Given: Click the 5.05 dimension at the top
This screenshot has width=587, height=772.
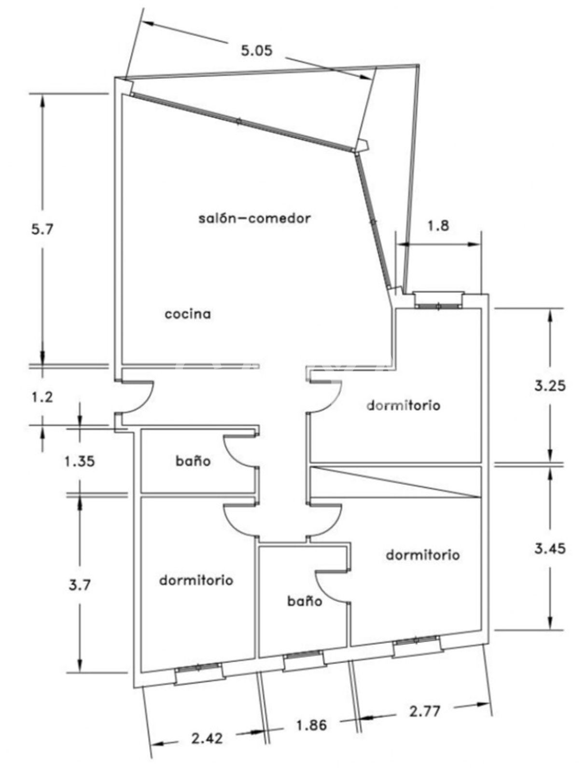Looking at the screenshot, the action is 256,51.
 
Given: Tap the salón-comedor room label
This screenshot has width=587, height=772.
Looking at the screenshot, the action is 254,218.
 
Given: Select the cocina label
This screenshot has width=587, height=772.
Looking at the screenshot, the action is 188,314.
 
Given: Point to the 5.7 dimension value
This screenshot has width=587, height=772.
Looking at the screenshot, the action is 42,229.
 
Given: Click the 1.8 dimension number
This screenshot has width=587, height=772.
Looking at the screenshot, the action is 438,225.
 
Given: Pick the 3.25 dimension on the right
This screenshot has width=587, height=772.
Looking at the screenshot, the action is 550,386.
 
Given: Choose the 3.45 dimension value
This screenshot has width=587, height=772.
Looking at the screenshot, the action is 550,548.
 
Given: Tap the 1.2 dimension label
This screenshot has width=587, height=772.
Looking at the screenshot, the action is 42,397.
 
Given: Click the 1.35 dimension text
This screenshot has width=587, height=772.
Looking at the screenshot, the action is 80,461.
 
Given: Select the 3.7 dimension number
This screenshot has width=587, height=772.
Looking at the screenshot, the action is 80,586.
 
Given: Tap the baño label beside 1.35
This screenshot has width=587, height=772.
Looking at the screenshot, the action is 193,461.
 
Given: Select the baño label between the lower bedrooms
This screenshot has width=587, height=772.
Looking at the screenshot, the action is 305,601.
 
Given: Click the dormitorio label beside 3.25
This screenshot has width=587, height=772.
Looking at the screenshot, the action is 403,405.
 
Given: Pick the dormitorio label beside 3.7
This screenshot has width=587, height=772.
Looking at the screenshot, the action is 196,580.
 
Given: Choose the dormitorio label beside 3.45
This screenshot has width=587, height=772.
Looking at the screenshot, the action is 423,555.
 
